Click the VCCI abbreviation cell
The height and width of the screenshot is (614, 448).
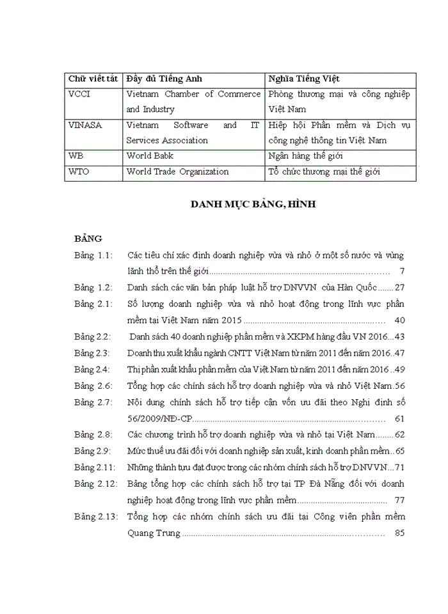pos(79,94)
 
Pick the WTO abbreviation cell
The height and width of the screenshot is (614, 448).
pos(78,171)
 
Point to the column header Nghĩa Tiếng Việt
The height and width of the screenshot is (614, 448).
pos(305,78)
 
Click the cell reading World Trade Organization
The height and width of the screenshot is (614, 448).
pos(177,171)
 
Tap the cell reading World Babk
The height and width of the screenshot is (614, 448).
pos(150,155)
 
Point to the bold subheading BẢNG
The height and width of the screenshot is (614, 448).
pos(88,239)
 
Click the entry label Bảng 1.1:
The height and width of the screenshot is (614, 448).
pos(93,255)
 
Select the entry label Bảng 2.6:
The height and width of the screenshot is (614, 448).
pos(93,386)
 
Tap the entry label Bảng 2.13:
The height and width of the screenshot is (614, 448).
pos(95,516)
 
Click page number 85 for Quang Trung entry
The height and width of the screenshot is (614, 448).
pos(401,532)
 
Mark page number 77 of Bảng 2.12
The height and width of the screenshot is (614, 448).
pos(401,500)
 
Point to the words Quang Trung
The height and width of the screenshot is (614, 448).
pos(154,532)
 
